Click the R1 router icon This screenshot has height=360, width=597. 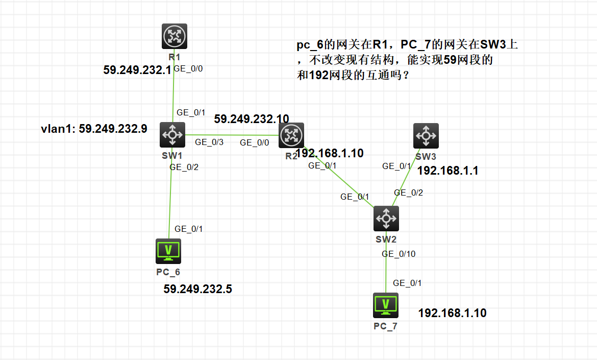(x=175, y=36)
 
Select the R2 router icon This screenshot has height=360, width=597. (x=291, y=135)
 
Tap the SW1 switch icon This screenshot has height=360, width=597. (x=172, y=135)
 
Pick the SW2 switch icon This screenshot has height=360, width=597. (x=386, y=219)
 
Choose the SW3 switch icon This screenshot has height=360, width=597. (x=426, y=136)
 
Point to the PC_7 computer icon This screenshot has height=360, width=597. (x=386, y=305)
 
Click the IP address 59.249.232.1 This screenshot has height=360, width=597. (x=137, y=70)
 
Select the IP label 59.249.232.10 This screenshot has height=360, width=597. (x=252, y=119)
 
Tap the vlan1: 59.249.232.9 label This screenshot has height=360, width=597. (x=94, y=129)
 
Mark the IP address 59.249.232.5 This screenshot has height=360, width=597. (x=197, y=289)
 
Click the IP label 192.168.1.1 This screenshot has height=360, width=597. (x=448, y=171)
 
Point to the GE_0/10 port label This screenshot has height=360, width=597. (x=399, y=254)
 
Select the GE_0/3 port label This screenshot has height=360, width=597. (x=209, y=142)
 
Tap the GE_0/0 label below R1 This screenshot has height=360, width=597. (x=188, y=68)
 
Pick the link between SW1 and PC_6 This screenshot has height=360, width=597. (x=170, y=204)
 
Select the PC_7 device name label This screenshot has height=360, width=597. (x=385, y=326)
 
